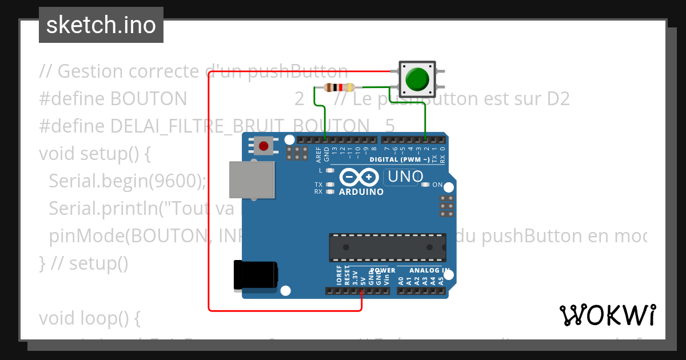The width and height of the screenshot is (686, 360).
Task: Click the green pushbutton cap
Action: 417,78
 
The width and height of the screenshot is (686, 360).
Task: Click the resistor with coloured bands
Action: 339,87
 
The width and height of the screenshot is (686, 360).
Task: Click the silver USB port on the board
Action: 251,179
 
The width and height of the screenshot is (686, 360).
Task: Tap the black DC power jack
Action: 256,275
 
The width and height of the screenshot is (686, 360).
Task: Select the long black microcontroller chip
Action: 387,246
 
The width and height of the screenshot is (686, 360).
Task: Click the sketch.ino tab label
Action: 101,25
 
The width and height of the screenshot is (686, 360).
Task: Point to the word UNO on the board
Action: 405,177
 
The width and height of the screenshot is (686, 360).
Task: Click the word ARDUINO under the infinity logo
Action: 361,192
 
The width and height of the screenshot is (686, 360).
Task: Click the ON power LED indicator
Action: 425,185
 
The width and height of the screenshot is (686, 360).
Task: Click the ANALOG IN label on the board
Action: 429,270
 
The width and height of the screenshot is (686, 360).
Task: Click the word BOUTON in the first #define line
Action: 148,99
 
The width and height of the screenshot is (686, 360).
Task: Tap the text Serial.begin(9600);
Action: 127,181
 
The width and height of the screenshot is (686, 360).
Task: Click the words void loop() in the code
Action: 89,318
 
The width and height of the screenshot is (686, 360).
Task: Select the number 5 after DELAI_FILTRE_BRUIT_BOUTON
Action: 389,126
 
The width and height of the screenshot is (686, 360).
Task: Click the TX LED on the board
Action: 329,185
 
